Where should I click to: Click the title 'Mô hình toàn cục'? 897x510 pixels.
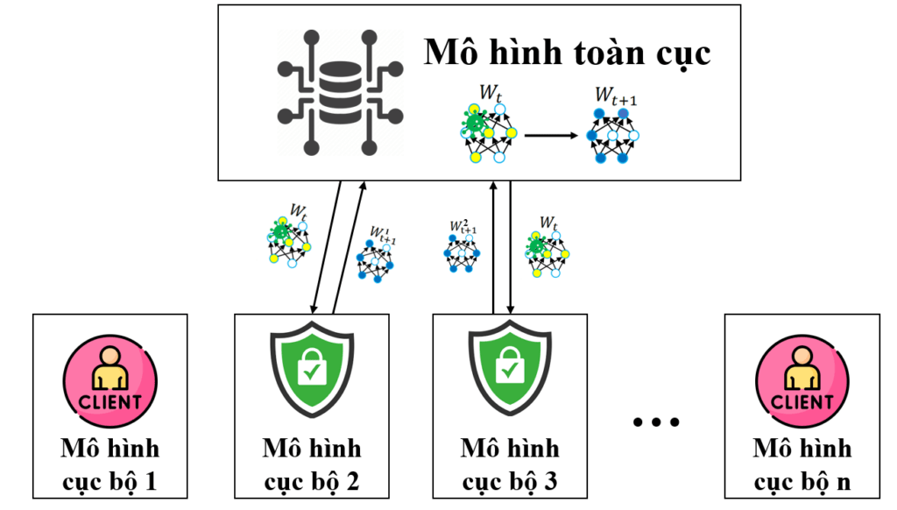[567, 53]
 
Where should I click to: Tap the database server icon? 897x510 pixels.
[341, 93]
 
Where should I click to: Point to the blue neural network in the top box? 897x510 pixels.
[612, 136]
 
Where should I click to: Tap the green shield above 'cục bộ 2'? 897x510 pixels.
[312, 369]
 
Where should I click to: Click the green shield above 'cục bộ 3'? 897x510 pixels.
[510, 369]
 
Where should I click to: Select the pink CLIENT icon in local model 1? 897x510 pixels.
[109, 381]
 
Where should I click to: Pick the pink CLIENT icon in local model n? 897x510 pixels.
[802, 381]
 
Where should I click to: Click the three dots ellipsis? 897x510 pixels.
[656, 422]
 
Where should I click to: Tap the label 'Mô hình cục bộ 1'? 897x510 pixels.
[109, 464]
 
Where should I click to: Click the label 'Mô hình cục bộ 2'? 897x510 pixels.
[312, 464]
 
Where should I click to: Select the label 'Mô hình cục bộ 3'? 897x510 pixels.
[510, 464]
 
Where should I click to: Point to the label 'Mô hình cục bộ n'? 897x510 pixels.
[802, 464]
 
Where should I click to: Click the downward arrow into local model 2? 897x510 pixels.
[326, 248]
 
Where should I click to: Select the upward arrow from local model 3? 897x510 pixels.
[493, 248]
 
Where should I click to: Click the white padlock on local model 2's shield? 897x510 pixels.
[312, 367]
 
